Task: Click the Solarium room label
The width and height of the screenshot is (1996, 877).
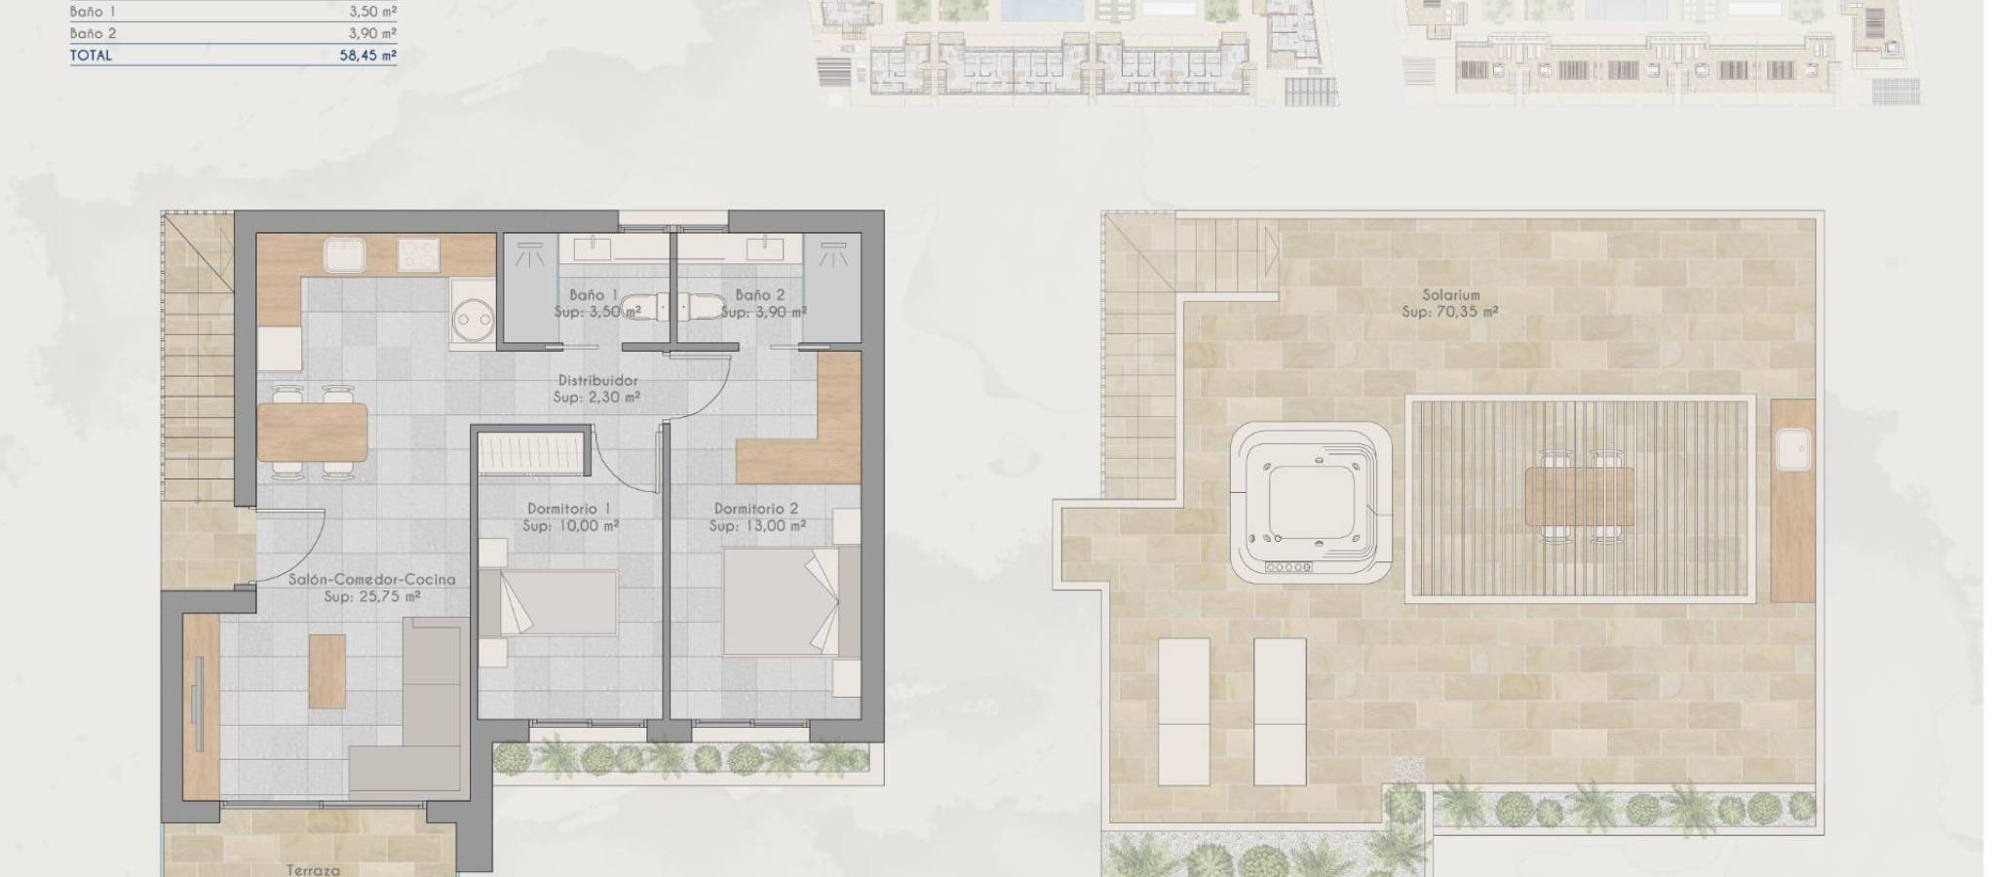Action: pyautogui.click(x=1450, y=294)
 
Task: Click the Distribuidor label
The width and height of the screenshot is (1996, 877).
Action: pyautogui.click(x=597, y=380)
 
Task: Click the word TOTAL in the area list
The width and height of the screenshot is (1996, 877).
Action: pyautogui.click(x=91, y=56)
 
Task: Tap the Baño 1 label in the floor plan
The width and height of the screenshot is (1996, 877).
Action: pyautogui.click(x=594, y=294)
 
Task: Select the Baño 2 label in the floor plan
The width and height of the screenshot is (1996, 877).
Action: pyautogui.click(x=760, y=294)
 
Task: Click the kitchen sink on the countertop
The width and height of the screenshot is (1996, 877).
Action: pyautogui.click(x=345, y=255)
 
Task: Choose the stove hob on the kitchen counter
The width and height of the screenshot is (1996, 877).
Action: pyautogui.click(x=418, y=255)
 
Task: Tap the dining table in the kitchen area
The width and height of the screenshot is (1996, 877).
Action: pyautogui.click(x=313, y=432)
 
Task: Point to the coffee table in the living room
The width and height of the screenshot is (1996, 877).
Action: pyautogui.click(x=327, y=671)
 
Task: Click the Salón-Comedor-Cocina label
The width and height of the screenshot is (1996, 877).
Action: pyautogui.click(x=371, y=580)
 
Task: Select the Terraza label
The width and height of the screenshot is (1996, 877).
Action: pyautogui.click(x=313, y=869)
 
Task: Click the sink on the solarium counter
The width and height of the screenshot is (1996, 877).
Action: pyautogui.click(x=1793, y=452)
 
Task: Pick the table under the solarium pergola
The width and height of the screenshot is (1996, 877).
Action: pyautogui.click(x=1580, y=495)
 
